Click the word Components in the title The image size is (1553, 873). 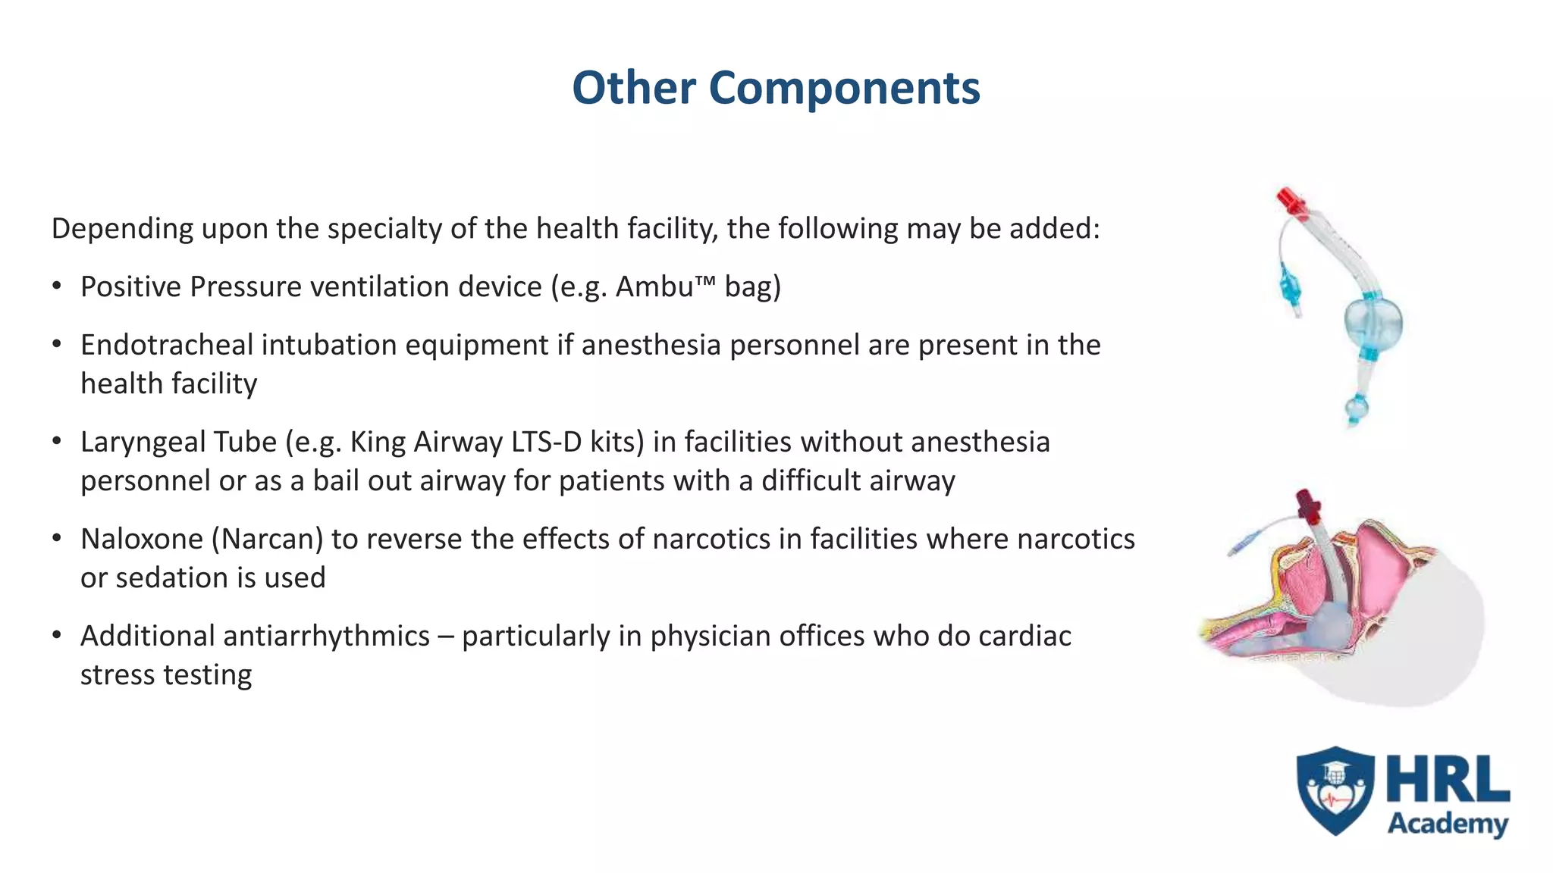click(843, 88)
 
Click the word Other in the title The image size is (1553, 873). click(634, 88)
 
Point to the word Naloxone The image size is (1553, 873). click(142, 540)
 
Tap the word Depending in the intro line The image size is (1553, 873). click(121, 229)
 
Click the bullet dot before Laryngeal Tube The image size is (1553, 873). click(57, 441)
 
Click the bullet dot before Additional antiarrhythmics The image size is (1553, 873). click(57, 635)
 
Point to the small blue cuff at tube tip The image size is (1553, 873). click(1356, 409)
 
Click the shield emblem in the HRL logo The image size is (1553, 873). click(1335, 790)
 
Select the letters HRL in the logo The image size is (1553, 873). click(1447, 781)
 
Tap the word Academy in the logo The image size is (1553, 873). click(1447, 824)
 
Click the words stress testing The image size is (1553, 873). click(166, 675)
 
